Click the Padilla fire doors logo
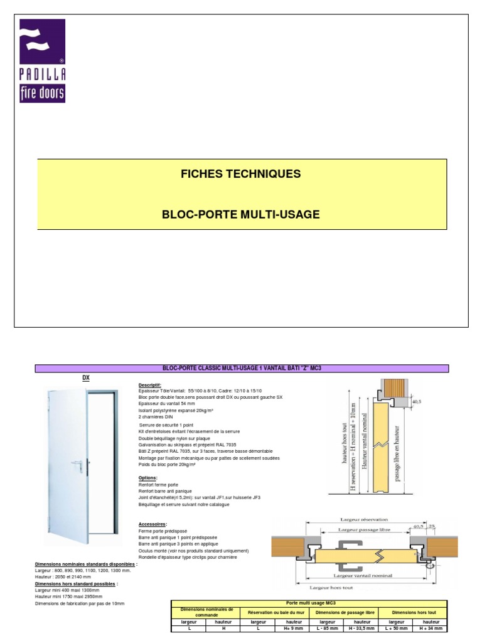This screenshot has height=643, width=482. coord(42,61)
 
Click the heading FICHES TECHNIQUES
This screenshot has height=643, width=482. coord(241,173)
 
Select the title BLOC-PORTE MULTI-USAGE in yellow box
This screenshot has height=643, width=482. coord(241,215)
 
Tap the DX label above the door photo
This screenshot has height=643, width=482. coord(87,378)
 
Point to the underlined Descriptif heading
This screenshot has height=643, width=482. coord(149,385)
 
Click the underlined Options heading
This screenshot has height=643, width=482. coord(147,477)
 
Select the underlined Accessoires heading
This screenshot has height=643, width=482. coord(152,523)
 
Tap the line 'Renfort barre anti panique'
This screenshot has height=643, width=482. coord(165,490)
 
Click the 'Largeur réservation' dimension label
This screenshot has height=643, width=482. coord(364,519)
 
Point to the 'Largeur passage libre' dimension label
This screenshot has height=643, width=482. coord(363,530)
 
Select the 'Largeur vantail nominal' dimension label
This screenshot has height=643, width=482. coord(363,575)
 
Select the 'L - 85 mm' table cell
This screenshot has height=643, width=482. coord(328,628)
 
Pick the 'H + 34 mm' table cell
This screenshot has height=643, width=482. coord(430,628)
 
